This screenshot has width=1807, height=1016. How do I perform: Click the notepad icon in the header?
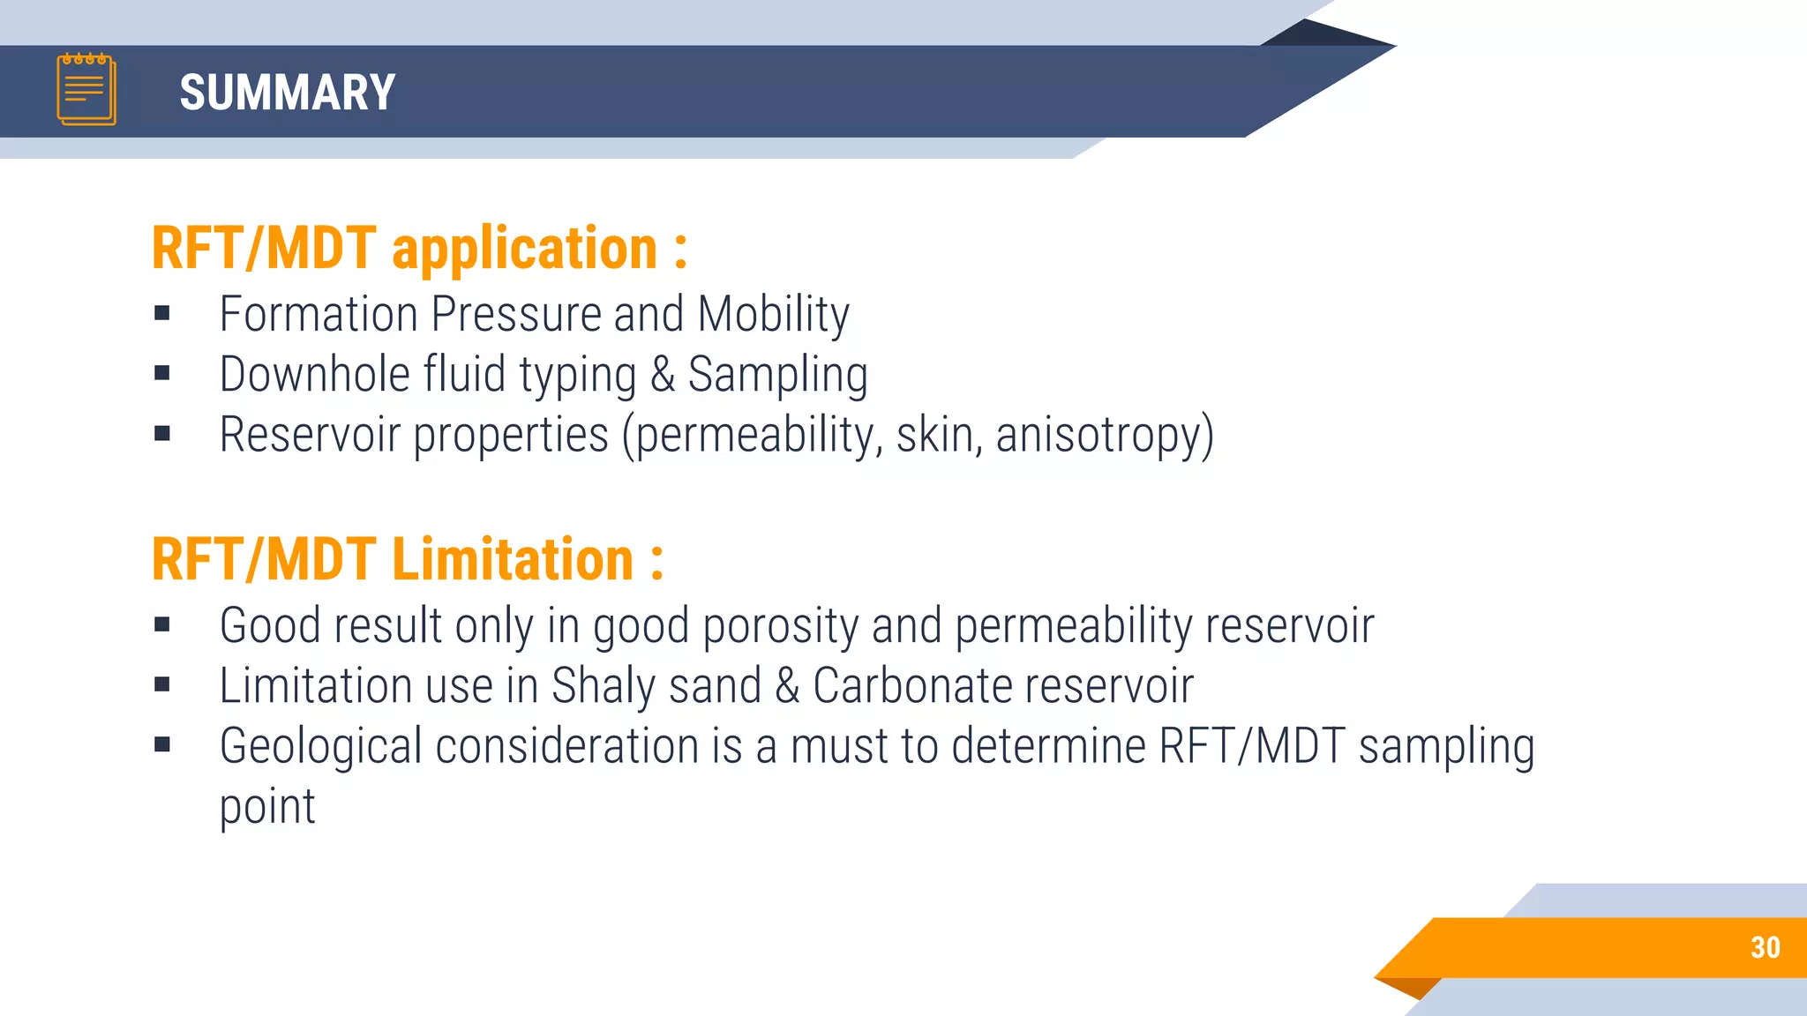point(86,89)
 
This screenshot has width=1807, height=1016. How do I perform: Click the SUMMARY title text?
point(287,93)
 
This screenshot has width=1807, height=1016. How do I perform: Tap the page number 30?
point(1765,947)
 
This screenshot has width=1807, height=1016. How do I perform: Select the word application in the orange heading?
point(524,249)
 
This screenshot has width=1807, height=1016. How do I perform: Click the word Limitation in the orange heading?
point(513,560)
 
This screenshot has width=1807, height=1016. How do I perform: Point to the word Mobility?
point(773,315)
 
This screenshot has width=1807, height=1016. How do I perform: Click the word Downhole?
point(314,374)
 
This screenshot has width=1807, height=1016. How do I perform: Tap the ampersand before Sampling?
point(663,374)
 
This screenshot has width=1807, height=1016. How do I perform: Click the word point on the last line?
point(267,807)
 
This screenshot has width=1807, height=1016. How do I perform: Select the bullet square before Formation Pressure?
point(162,313)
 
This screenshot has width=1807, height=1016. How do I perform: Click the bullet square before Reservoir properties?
point(162,433)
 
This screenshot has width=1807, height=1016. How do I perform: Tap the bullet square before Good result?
point(162,625)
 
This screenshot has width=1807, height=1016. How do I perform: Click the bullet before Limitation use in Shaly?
point(162,684)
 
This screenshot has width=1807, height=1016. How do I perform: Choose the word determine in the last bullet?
point(1048,746)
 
